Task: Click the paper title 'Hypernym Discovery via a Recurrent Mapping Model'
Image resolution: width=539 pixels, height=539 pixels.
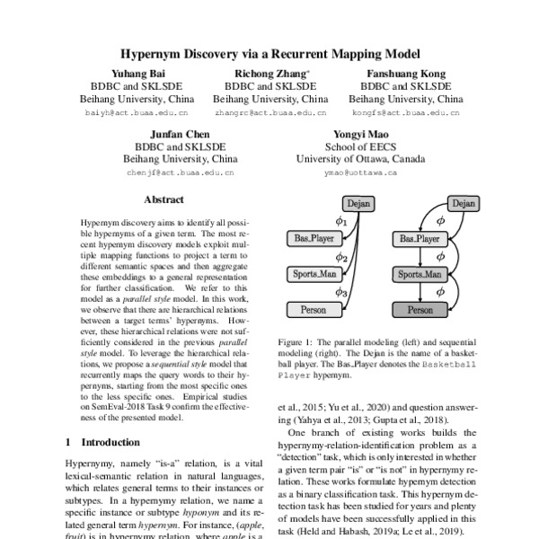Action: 269,53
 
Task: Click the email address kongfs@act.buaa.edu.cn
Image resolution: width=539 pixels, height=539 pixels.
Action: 406,113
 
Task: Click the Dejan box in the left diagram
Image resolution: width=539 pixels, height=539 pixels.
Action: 358,204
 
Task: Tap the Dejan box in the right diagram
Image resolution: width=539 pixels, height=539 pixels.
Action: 462,204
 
